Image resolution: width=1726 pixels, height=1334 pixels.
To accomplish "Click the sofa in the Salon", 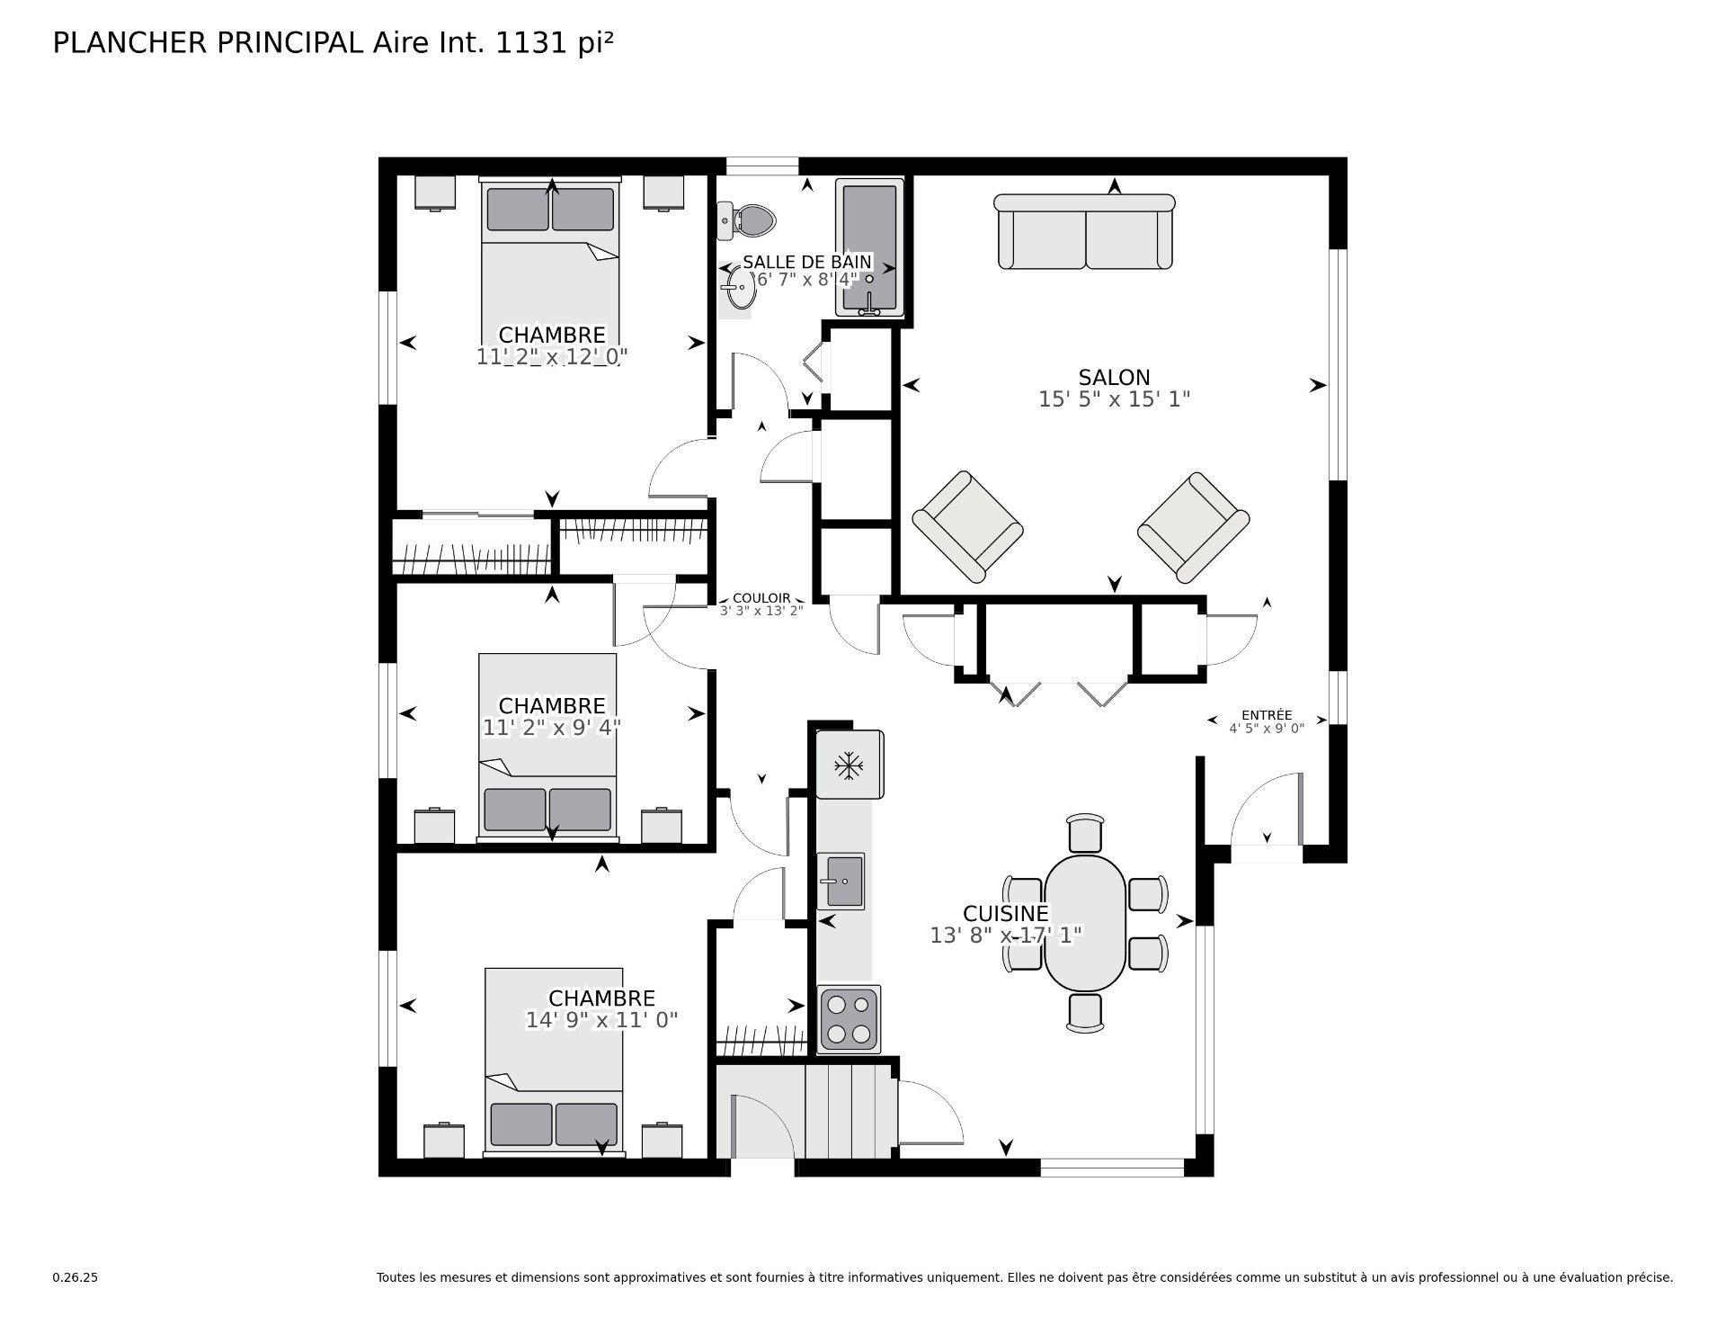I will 1085,234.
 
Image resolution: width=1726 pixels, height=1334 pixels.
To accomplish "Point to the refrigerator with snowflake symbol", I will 850,765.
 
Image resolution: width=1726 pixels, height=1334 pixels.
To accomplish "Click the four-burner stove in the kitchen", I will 849,1019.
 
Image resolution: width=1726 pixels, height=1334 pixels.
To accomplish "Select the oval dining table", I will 1085,923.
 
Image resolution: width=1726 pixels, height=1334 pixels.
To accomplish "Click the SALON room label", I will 1114,377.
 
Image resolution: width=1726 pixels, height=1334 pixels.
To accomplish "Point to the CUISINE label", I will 1005,914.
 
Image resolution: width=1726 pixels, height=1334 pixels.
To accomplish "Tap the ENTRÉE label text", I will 1267,715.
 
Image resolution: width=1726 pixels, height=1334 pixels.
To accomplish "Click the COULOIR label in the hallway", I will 761,598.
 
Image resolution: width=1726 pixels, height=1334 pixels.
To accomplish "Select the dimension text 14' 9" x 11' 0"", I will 601,1020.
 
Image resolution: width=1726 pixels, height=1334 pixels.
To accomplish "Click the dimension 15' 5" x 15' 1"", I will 1114,399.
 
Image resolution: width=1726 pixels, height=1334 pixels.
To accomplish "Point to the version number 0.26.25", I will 76,1277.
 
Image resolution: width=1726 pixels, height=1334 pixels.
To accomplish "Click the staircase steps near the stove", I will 850,1111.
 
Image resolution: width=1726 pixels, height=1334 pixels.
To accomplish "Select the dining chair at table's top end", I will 1085,833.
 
